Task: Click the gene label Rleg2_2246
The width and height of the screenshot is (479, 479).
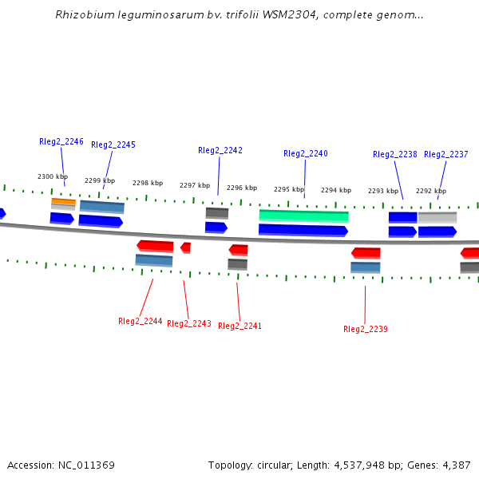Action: click(61, 142)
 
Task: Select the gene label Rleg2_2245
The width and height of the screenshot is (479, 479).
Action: click(113, 144)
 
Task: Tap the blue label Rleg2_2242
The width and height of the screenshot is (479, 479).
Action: click(220, 151)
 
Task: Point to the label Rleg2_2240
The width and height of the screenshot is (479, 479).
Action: click(306, 153)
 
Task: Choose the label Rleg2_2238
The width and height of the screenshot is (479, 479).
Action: click(395, 155)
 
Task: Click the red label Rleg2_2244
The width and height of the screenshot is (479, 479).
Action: click(141, 322)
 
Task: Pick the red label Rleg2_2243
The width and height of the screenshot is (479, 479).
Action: click(189, 324)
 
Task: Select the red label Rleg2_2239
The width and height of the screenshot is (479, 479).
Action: click(366, 329)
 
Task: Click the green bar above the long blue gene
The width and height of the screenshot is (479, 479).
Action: click(303, 216)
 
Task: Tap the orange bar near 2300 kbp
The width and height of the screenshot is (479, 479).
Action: click(64, 201)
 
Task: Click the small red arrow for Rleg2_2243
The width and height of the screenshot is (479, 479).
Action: click(186, 247)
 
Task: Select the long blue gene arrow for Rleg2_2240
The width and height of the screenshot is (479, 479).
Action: click(303, 231)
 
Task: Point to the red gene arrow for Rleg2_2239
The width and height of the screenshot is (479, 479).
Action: click(366, 253)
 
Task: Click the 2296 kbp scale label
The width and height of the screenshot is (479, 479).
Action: click(242, 188)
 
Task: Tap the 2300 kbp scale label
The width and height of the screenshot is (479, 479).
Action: click(53, 176)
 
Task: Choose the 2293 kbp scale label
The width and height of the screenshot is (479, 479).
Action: click(383, 191)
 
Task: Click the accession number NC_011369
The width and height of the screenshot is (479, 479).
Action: click(86, 465)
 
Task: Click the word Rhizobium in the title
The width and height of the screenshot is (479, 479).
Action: click(85, 14)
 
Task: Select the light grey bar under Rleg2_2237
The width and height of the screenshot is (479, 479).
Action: click(437, 217)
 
